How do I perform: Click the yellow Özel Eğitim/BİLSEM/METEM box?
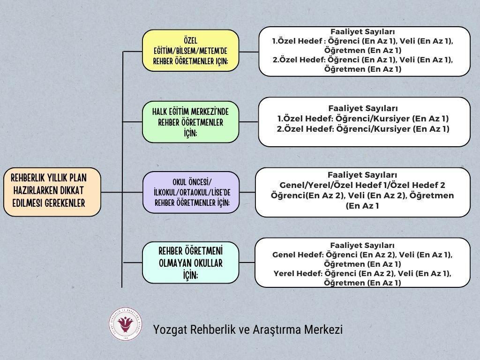pos(190,51)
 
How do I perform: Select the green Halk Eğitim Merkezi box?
pos(190,122)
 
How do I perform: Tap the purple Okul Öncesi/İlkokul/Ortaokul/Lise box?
pos(190,192)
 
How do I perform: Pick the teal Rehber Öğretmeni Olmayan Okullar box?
pos(190,262)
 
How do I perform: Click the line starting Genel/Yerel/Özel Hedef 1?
pos(362,185)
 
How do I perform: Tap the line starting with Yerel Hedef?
pos(362,274)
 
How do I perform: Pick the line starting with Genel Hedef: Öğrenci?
pos(362,255)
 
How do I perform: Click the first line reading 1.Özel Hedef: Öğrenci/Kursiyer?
pos(363,118)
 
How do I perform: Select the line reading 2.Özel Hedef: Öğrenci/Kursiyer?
pos(363,128)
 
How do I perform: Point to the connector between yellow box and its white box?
pos(248,51)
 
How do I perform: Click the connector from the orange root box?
pos(112,192)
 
